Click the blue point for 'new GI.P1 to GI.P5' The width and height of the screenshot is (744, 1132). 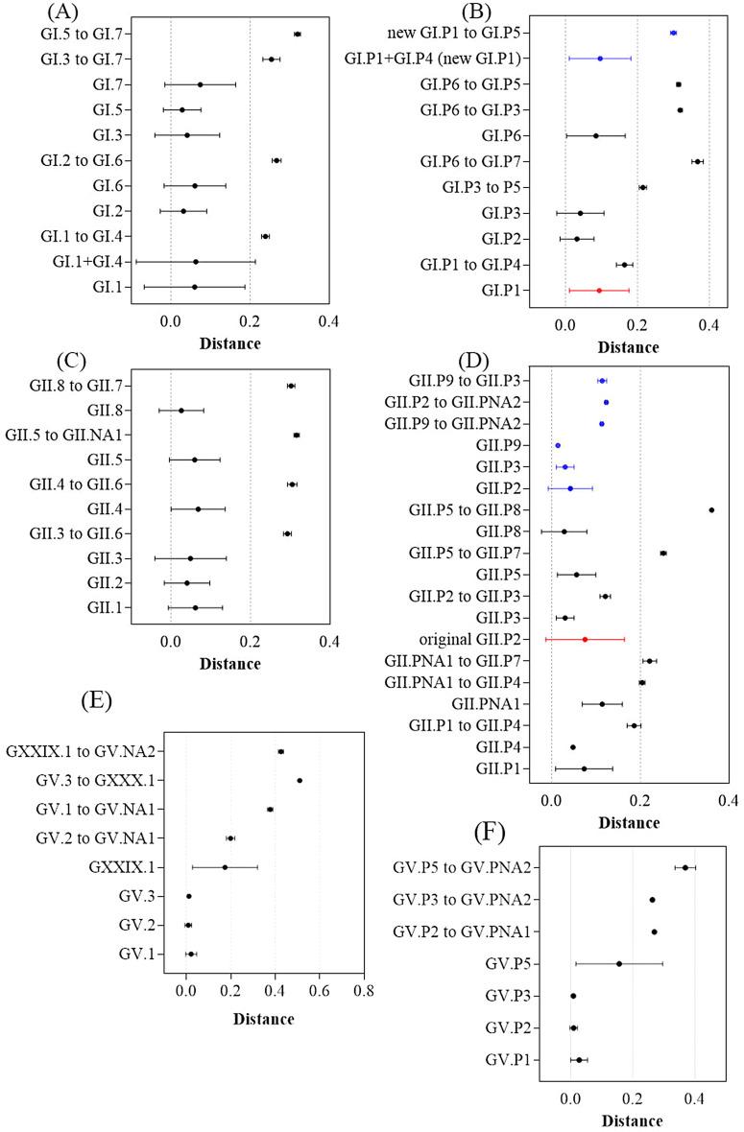673,33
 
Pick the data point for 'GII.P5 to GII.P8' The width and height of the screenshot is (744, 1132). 711,510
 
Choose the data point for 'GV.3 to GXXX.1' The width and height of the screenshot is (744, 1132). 300,781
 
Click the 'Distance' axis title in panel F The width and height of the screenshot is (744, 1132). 633,1120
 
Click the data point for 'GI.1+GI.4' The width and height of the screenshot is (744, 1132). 196,261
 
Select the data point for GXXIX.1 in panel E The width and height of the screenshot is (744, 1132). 225,867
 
